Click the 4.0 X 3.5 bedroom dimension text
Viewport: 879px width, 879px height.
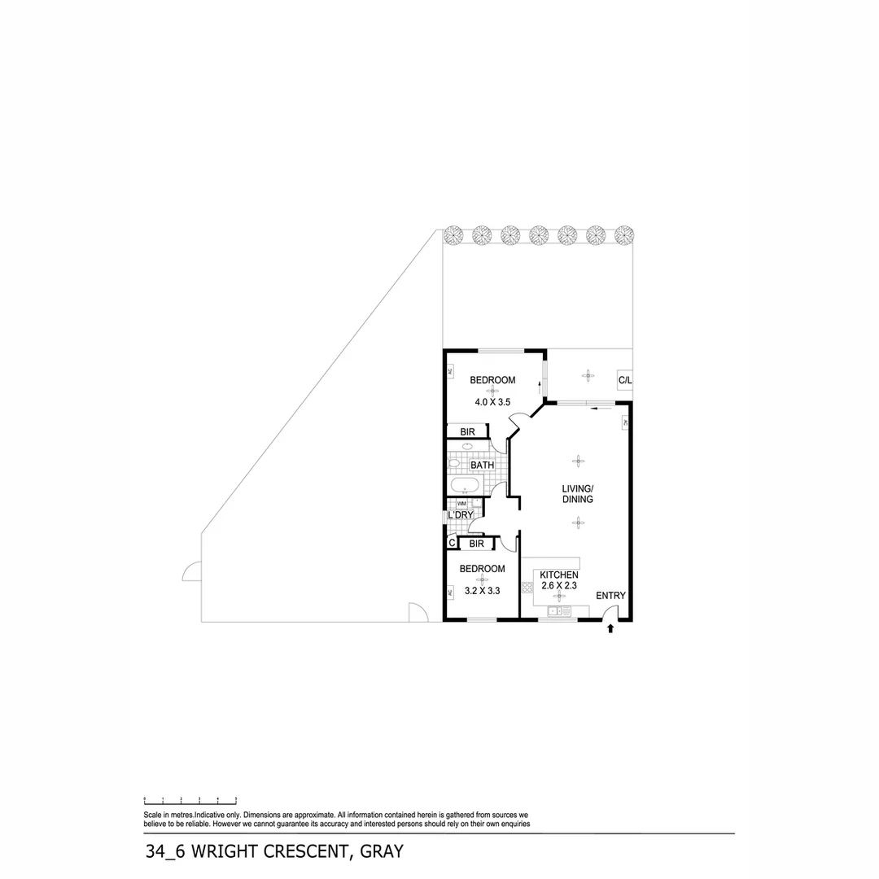492,402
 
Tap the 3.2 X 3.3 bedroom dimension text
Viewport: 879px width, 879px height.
481,591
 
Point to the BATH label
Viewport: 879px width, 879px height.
482,466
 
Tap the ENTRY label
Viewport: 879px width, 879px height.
610,596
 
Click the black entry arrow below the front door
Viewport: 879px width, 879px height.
611,628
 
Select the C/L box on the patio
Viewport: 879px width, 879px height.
625,380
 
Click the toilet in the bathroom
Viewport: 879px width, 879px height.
454,464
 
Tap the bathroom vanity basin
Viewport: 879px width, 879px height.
468,446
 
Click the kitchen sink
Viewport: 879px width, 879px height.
558,610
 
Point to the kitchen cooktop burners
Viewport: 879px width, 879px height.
527,587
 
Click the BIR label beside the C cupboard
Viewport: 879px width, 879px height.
477,543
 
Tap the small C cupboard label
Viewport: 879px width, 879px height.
451,543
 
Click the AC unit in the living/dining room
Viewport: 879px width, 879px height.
625,423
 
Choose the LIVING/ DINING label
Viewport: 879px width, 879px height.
577,494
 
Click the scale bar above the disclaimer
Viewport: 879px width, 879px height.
190,801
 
